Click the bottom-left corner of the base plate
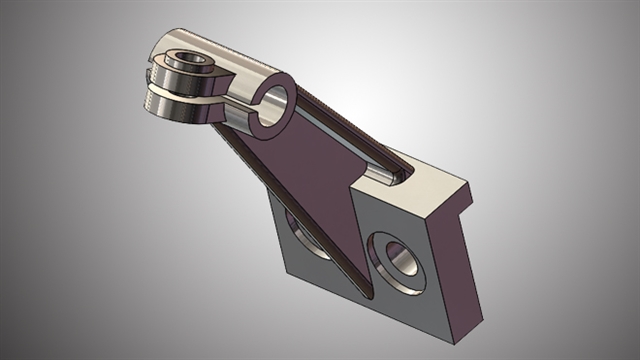pyautogui.click(x=286, y=272)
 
